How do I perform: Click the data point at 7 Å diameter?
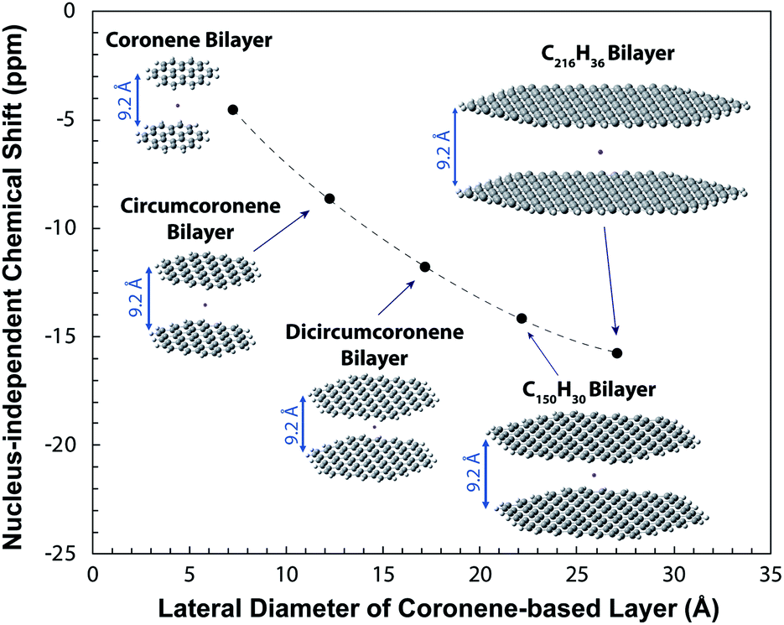click(x=232, y=110)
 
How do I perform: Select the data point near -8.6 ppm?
click(x=330, y=199)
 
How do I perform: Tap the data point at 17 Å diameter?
click(x=425, y=267)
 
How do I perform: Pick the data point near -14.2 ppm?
click(x=522, y=318)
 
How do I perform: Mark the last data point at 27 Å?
click(x=617, y=353)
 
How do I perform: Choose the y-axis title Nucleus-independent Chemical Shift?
click(x=18, y=281)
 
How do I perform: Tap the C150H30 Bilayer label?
click(x=589, y=391)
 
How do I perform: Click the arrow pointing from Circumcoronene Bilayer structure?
click(x=281, y=232)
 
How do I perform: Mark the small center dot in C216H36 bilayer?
click(x=600, y=152)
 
